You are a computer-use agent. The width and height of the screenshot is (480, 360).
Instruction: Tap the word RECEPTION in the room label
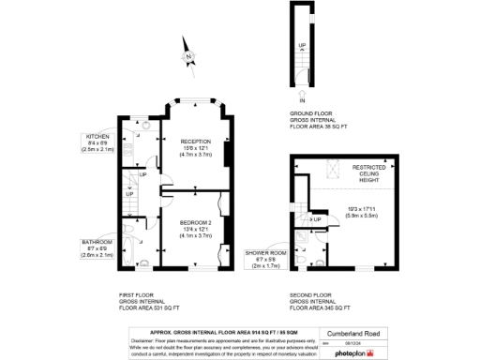pyautogui.click(x=194, y=142)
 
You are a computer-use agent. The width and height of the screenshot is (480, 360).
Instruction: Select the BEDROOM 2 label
pyautogui.click(x=194, y=221)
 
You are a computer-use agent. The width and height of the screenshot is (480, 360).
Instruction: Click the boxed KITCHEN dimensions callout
pyautogui.click(x=98, y=142)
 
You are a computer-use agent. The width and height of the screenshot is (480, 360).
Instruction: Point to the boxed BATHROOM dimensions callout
pyautogui.click(x=98, y=247)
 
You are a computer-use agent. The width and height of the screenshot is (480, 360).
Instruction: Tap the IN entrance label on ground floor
pyautogui.click(x=303, y=99)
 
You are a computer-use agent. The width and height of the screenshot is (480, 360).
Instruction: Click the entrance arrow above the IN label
pyautogui.click(x=303, y=92)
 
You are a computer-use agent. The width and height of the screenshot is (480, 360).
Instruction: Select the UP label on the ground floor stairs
pyautogui.click(x=302, y=45)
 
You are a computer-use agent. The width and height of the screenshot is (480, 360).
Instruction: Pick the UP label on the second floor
pyautogui.click(x=319, y=219)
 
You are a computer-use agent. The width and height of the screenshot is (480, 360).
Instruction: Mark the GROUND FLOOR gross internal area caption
pyautogui.click(x=320, y=118)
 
